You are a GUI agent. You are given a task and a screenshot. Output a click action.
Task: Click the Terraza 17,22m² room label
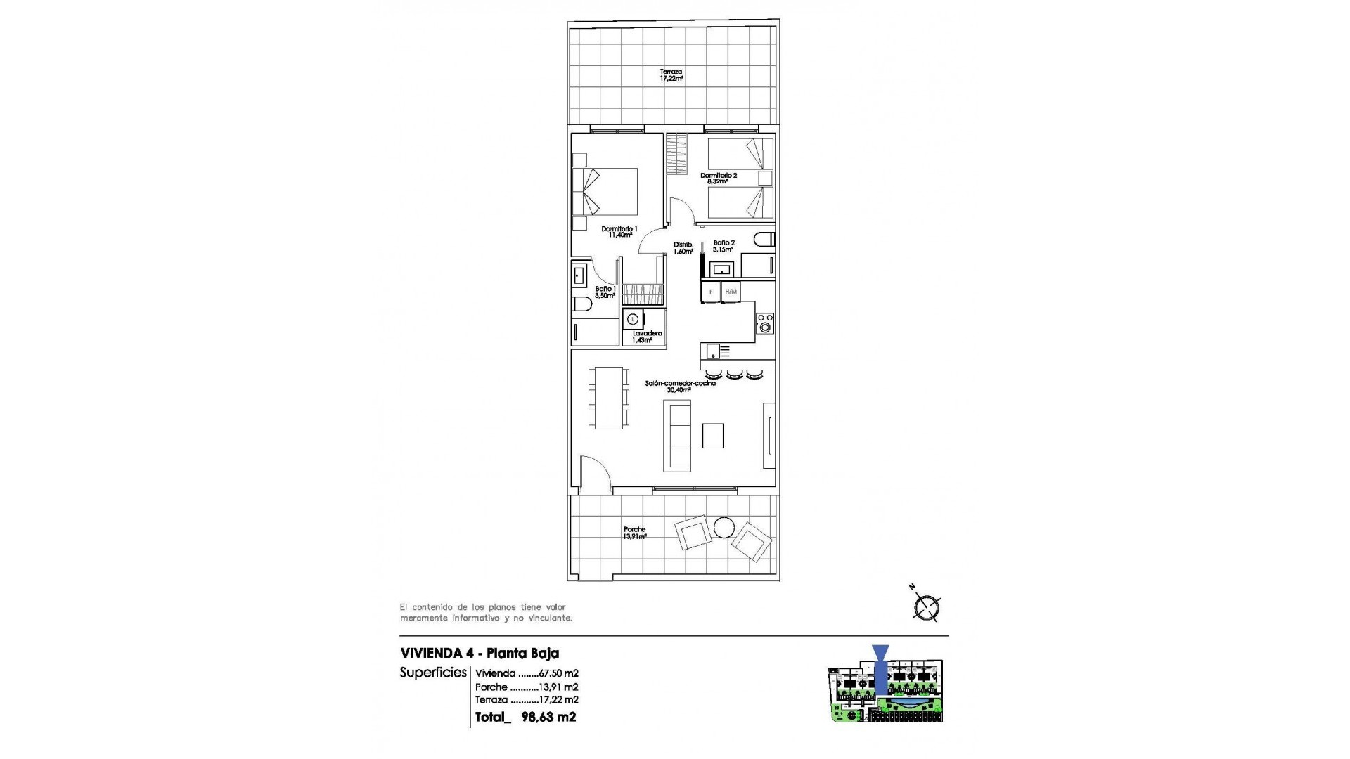[671, 75]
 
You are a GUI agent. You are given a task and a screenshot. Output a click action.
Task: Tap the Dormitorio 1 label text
[619, 232]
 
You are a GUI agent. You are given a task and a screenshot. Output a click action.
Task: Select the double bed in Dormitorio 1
[606, 191]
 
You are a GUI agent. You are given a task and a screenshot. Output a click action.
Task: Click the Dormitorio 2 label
[718, 178]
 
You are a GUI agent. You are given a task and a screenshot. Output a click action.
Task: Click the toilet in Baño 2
[764, 240]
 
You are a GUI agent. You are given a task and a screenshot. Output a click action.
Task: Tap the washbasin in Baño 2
[721, 268]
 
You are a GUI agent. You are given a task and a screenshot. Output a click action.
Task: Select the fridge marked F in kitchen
[711, 291]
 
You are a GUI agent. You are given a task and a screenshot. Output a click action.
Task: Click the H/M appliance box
[731, 291]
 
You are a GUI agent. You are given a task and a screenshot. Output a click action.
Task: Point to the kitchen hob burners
[765, 323]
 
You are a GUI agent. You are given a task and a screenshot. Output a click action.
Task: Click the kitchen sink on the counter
[714, 350]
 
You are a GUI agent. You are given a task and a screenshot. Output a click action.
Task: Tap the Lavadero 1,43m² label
[646, 337]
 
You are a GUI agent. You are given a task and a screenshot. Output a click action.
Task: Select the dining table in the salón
[609, 398]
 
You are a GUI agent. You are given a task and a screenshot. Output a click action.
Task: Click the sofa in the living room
[677, 436]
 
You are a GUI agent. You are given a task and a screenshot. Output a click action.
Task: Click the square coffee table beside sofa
[713, 436]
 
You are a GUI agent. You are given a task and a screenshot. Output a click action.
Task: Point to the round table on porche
[724, 527]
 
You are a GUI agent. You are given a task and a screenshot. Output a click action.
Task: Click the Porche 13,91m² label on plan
[634, 533]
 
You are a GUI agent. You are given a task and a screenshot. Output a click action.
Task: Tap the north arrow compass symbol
[927, 607]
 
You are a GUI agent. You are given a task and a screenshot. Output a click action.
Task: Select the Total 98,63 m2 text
[526, 718]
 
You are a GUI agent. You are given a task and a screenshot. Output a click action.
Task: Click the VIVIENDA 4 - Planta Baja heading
[480, 653]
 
